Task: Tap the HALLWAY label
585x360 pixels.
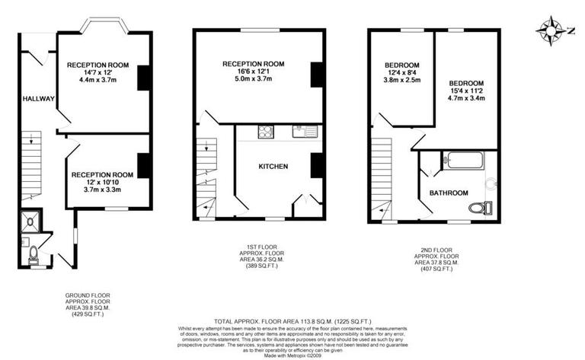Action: (x=37, y=99)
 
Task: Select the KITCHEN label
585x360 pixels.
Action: (x=273, y=166)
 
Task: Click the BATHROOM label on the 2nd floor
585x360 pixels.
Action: (x=448, y=193)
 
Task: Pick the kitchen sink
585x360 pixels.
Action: (x=305, y=132)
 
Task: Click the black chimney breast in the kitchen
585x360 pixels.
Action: (x=317, y=165)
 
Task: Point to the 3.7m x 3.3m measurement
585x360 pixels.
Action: (x=102, y=190)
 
